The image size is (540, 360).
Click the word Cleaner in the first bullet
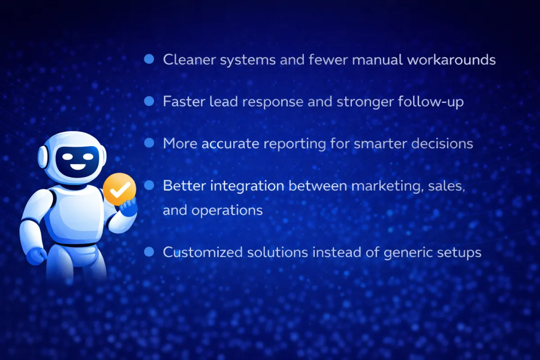(x=189, y=59)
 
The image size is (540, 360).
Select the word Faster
(x=184, y=101)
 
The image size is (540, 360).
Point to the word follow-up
(x=431, y=102)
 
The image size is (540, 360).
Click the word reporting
(x=295, y=144)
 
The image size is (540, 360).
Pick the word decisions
(x=442, y=144)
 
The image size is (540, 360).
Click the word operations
(x=227, y=211)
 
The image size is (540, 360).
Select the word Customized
(x=203, y=252)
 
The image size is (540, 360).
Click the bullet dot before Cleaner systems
(x=149, y=59)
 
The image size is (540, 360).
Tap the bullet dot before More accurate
(x=149, y=143)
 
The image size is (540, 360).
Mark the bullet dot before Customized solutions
(x=149, y=252)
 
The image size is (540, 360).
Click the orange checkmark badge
(x=120, y=189)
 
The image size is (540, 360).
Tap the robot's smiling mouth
(x=78, y=167)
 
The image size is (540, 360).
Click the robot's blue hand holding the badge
(x=129, y=207)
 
